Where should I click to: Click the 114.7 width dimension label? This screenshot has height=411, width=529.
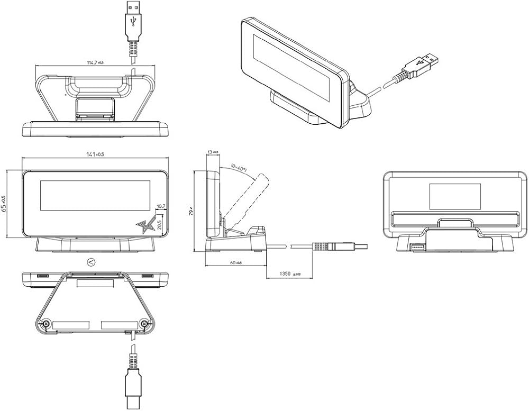click(x=95, y=62)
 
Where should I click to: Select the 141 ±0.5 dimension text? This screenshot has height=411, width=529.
click(x=95, y=154)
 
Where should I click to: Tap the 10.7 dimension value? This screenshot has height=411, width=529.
click(x=161, y=206)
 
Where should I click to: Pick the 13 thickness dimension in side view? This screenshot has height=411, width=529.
click(x=213, y=152)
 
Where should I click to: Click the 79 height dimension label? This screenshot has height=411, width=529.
click(x=197, y=212)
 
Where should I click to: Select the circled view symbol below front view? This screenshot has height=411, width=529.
click(x=90, y=261)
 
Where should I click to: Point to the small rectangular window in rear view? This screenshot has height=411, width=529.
click(x=454, y=196)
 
